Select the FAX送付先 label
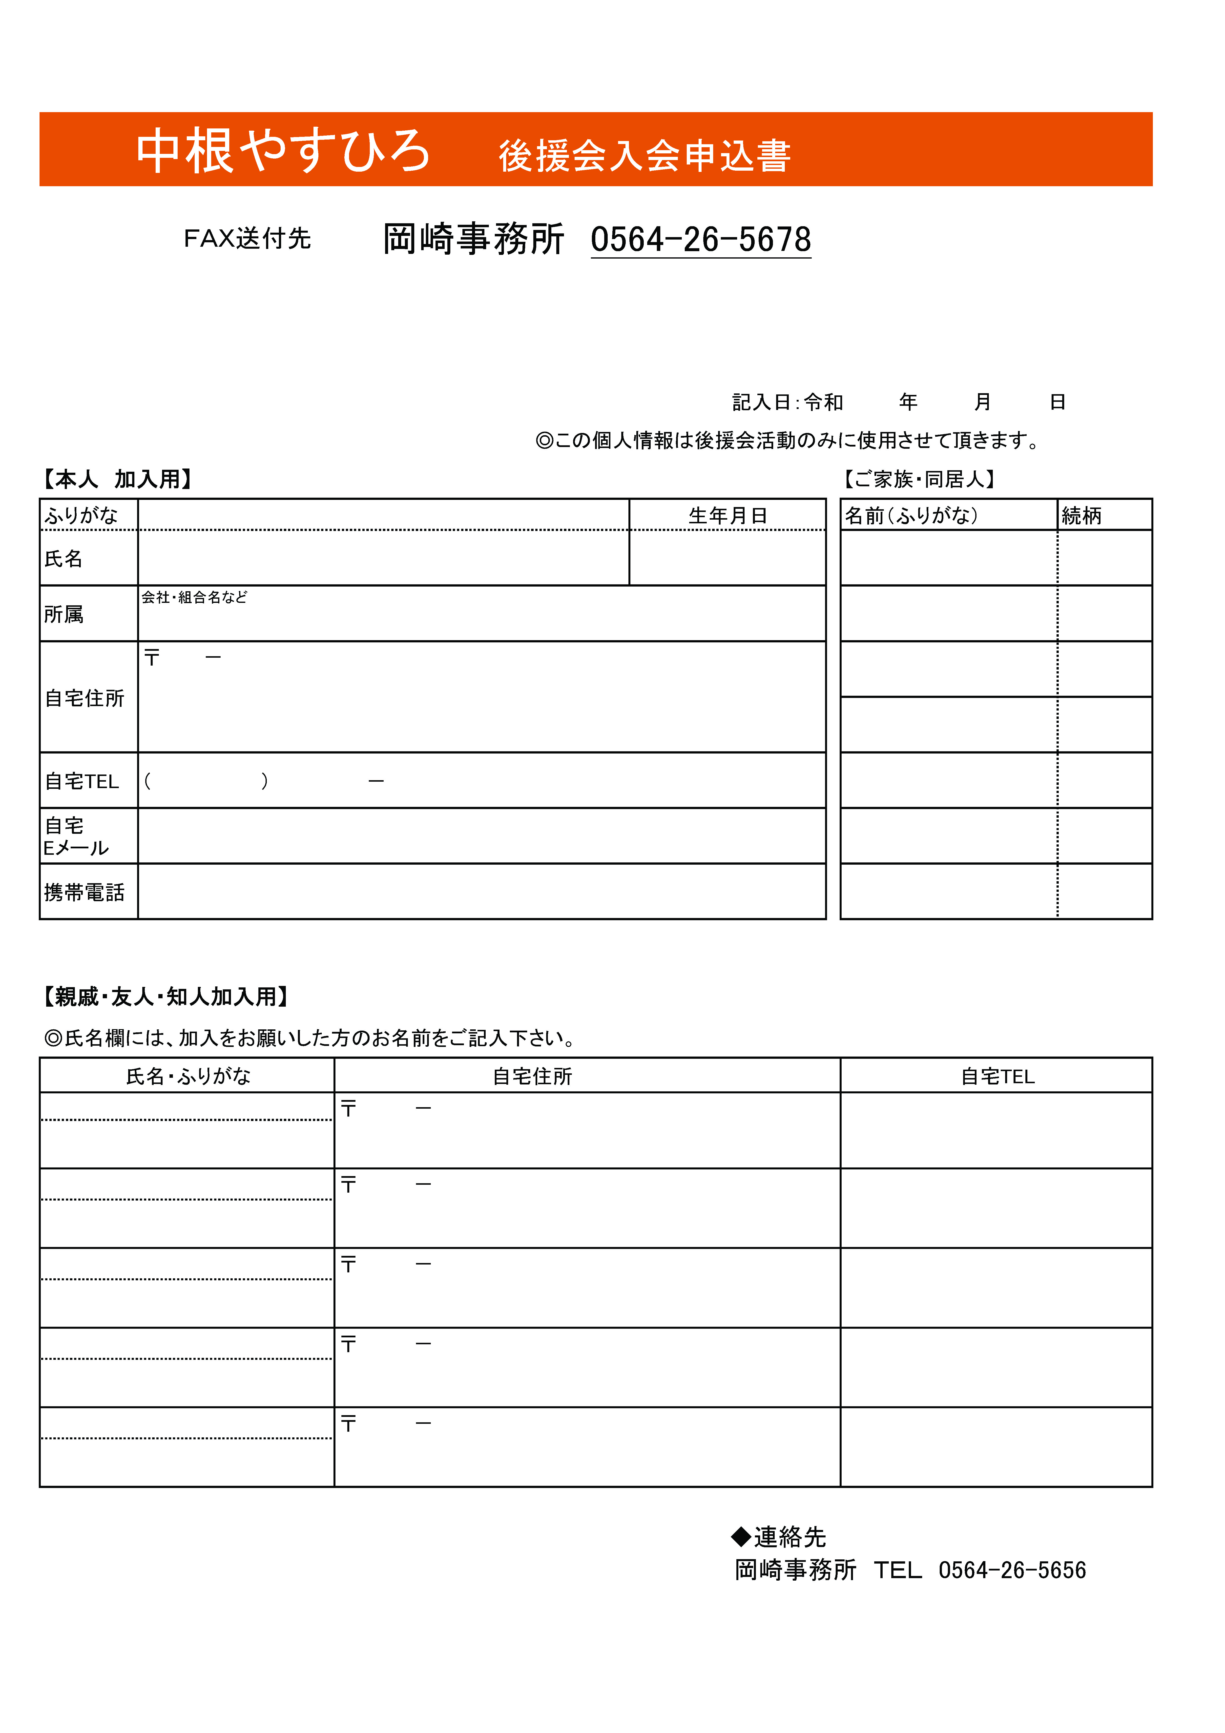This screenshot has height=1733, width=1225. click(x=247, y=239)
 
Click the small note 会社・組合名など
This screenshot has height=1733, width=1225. click(x=194, y=597)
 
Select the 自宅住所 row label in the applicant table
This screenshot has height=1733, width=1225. click(x=84, y=698)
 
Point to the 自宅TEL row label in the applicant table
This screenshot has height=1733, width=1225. click(x=82, y=781)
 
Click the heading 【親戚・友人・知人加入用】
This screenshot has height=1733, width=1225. click(x=166, y=997)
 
